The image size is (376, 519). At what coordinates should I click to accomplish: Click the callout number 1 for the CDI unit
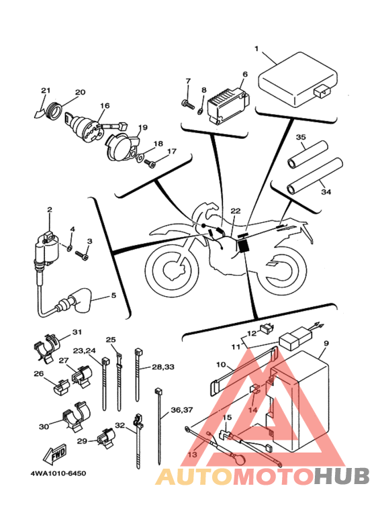coord(256,48)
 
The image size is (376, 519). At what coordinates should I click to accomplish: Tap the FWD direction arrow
coord(55,454)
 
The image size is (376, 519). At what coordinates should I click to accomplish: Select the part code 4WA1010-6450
coord(58,473)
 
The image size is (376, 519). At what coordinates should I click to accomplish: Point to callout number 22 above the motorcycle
coord(235,211)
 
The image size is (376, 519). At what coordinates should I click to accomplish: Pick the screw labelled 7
coord(188,104)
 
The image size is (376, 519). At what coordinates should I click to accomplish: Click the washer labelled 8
coord(200,111)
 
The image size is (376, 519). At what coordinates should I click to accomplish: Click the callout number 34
coord(326,191)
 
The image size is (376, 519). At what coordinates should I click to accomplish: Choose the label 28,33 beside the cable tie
coord(163,367)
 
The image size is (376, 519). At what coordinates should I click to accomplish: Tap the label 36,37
coord(182,410)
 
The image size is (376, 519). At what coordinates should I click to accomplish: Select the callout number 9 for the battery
coord(326,344)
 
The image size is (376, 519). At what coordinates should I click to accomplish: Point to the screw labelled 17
coord(150,163)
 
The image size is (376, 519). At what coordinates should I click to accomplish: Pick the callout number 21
coord(46,91)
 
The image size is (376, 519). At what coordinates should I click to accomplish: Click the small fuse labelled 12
coord(267,328)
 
